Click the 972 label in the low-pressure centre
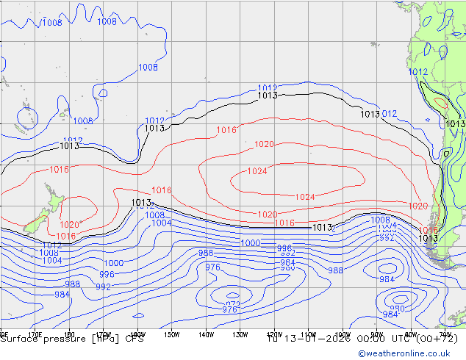pyautogui.click(x=233, y=304)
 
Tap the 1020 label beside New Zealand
pyautogui.click(x=69, y=225)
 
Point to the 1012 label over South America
pyautogui.click(x=417, y=72)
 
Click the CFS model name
pyautogui.click(x=135, y=339)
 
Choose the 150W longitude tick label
pyautogui.click(x=171, y=334)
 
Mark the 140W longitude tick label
pyautogui.click(x=205, y=334)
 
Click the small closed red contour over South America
pyautogui.click(x=440, y=104)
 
